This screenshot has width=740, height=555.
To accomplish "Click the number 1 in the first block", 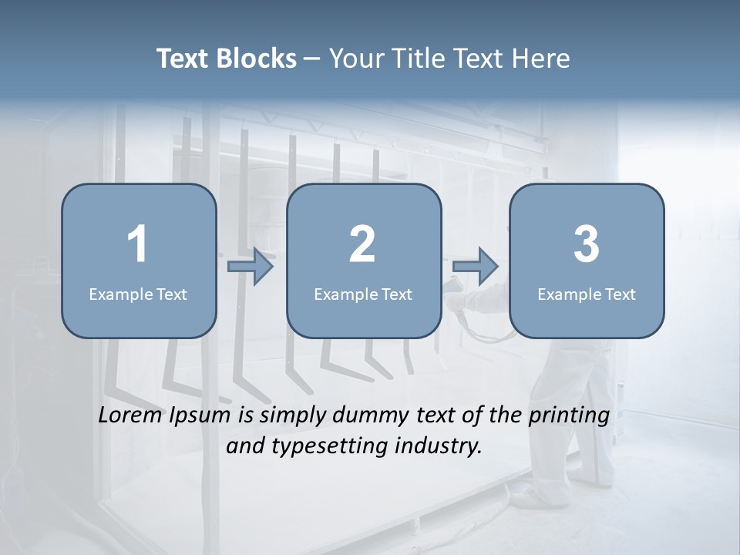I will pyautogui.click(x=137, y=244).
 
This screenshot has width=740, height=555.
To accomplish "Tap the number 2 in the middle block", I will pyautogui.click(x=362, y=244).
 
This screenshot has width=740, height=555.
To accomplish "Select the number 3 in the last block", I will pyautogui.click(x=587, y=244).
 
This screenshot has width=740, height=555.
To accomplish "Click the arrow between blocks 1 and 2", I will pyautogui.click(x=251, y=267).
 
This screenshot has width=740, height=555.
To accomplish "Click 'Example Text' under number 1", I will pyautogui.click(x=138, y=294).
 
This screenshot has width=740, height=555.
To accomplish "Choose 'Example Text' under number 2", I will pyautogui.click(x=363, y=294).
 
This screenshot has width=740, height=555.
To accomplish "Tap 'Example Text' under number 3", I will pyautogui.click(x=587, y=294).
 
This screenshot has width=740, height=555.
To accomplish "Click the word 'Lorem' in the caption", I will pyautogui.click(x=129, y=415).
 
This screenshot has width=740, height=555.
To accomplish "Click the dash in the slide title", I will pyautogui.click(x=312, y=59).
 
